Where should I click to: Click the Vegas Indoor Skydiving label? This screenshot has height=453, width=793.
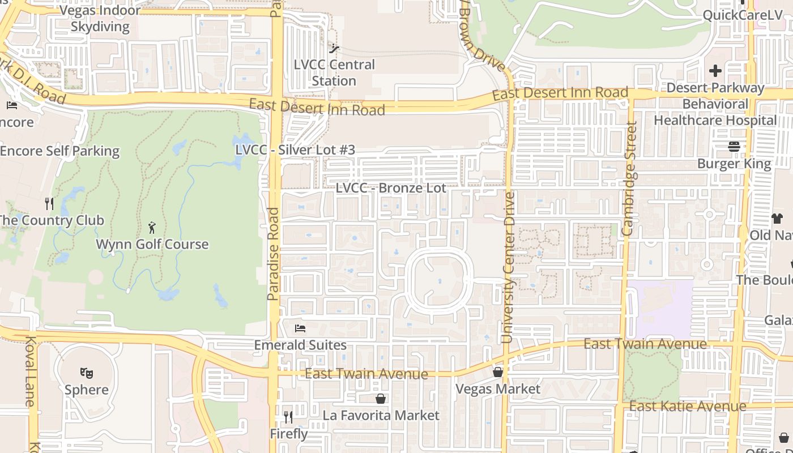coord(100,18)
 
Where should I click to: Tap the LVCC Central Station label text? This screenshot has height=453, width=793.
coord(334,72)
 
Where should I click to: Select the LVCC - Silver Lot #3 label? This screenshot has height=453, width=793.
coord(295,149)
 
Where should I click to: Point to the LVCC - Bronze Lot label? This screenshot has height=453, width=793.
coord(391,187)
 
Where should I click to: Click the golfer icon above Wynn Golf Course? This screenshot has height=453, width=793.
coord(152,228)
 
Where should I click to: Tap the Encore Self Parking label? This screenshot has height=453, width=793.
coord(59,151)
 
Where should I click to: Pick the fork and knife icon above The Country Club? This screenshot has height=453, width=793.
coord(50,203)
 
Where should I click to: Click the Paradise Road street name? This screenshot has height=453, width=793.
coord(274,253)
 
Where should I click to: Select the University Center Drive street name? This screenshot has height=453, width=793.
coord(508,267)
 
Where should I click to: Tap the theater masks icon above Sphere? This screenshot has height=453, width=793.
coord(86,373)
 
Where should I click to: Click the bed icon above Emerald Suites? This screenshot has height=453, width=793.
coord(300,328)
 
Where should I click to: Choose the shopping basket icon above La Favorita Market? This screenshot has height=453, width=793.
coord(381,399)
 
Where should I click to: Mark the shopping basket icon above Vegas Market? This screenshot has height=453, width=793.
coord(498,372)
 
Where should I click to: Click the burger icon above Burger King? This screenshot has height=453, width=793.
coord(734,147)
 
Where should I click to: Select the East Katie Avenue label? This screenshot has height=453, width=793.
coord(688,406)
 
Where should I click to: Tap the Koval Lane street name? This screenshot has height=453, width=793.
coord(31,371)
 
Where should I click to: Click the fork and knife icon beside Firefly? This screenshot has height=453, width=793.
coord(288,417)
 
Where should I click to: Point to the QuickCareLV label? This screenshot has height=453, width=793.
coord(742,15)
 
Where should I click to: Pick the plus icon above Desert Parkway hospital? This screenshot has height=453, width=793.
coord(715,71)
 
